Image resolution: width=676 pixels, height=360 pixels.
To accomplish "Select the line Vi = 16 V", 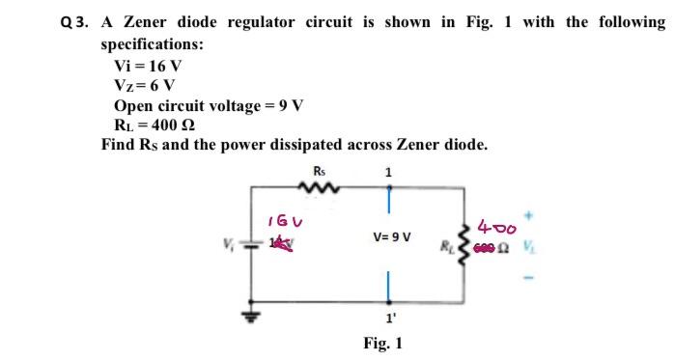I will [x=148, y=66].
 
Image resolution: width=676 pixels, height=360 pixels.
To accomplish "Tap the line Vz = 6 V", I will [x=147, y=85].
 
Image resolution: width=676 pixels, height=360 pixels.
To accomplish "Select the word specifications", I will [x=152, y=43].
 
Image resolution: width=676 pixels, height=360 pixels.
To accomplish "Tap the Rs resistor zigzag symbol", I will [x=320, y=191].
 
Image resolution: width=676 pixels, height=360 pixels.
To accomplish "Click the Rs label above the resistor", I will [x=320, y=173].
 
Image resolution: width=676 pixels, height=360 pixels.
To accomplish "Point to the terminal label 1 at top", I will [x=388, y=173].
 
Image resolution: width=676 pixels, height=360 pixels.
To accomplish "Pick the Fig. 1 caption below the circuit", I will [x=383, y=343].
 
